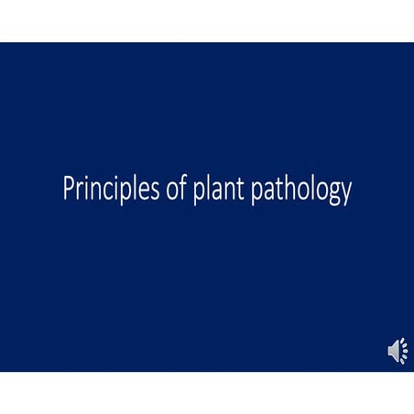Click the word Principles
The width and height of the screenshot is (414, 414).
point(102,190)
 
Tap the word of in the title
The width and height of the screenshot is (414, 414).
point(160,190)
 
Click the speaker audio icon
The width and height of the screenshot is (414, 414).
point(394,351)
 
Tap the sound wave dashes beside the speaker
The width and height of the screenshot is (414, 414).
point(404,351)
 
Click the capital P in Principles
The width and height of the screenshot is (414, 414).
point(68,190)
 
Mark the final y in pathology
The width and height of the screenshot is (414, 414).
point(345,193)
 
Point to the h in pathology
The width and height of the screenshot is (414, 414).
point(290,189)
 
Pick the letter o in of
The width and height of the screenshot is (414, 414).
point(156,191)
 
